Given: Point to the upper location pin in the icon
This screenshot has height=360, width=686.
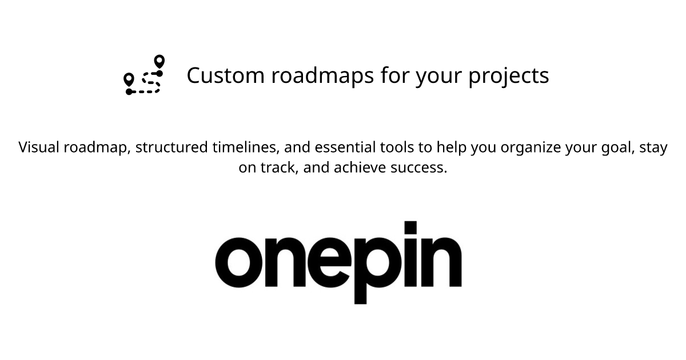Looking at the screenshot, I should [x=159, y=61].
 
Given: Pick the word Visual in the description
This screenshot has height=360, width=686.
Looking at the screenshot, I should [x=39, y=147].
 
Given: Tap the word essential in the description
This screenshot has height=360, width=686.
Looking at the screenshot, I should [x=346, y=147].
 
